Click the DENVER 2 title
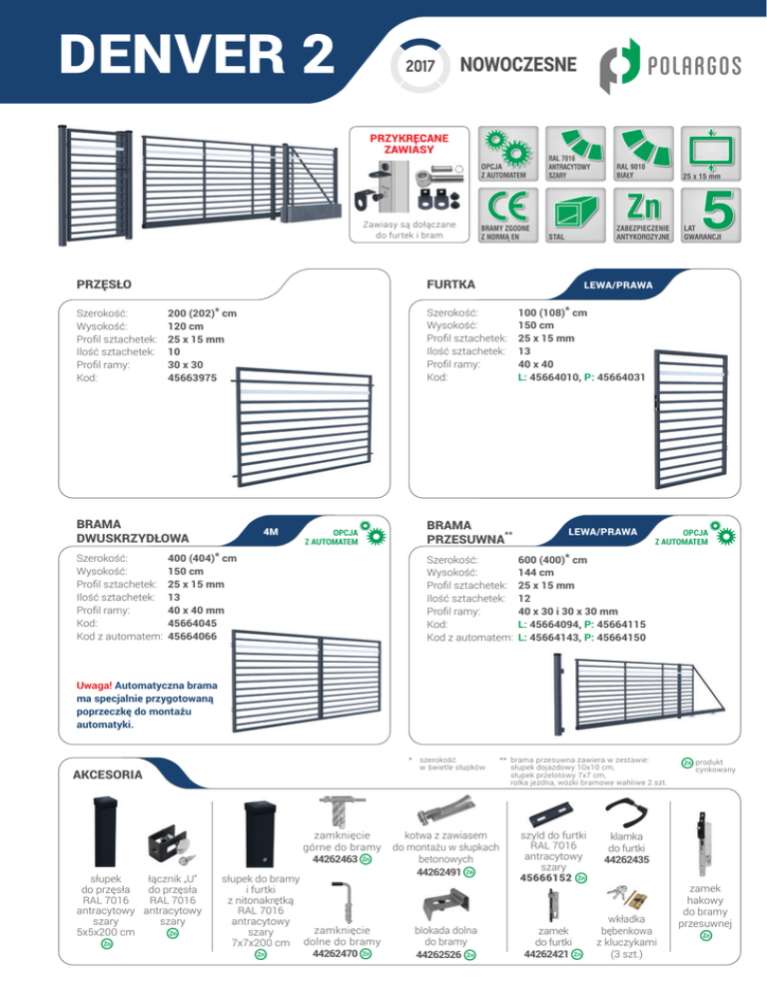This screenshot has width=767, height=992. tap(197, 54)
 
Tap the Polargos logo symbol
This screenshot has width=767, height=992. tap(619, 66)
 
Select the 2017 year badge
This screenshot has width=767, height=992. tap(419, 65)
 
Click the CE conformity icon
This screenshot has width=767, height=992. tap(508, 216)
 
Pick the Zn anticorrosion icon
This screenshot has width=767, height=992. tap(643, 216)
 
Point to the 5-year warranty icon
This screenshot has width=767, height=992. tap(711, 216)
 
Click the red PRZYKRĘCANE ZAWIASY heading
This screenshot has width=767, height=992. tap(409, 144)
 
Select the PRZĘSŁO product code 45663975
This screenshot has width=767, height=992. tap(192, 377)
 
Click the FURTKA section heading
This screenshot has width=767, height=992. tap(451, 284)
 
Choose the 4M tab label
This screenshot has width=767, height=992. tap(271, 531)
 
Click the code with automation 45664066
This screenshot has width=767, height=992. tap(192, 637)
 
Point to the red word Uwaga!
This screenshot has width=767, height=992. tap(94, 686)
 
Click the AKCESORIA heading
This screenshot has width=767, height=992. tap(108, 774)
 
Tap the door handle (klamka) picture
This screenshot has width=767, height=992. tap(626, 812)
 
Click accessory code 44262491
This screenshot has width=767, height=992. tap(438, 872)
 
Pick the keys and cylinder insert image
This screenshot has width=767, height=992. tap(626, 897)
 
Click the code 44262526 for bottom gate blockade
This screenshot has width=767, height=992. tap(438, 955)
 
